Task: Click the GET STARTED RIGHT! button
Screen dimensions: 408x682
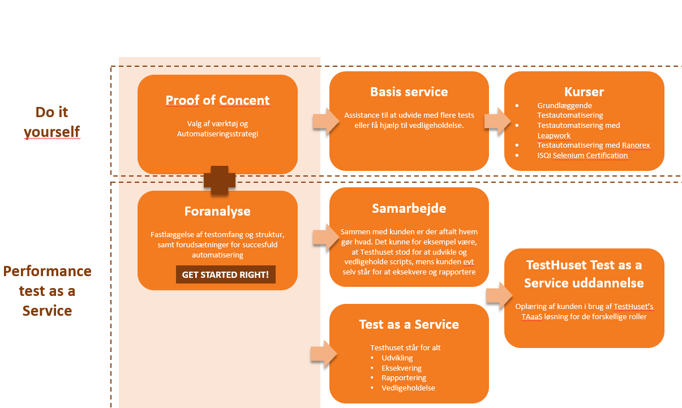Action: (x=225, y=275)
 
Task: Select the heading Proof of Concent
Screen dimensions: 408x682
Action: (x=217, y=101)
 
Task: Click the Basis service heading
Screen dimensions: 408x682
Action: (x=409, y=92)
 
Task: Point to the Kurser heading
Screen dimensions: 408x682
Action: (x=584, y=92)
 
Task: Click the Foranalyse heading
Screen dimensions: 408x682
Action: (x=217, y=212)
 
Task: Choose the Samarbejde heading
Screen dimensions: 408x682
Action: (x=409, y=208)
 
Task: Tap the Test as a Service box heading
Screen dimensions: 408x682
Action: (x=409, y=324)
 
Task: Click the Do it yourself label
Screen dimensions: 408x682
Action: (x=52, y=122)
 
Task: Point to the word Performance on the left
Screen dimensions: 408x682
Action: (x=48, y=271)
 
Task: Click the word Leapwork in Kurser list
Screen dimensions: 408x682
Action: (x=554, y=135)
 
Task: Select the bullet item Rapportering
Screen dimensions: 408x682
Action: (x=404, y=377)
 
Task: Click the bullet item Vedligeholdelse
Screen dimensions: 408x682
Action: (x=408, y=388)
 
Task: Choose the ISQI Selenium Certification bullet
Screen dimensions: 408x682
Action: (x=582, y=155)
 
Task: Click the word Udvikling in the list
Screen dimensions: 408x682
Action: (x=397, y=358)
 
